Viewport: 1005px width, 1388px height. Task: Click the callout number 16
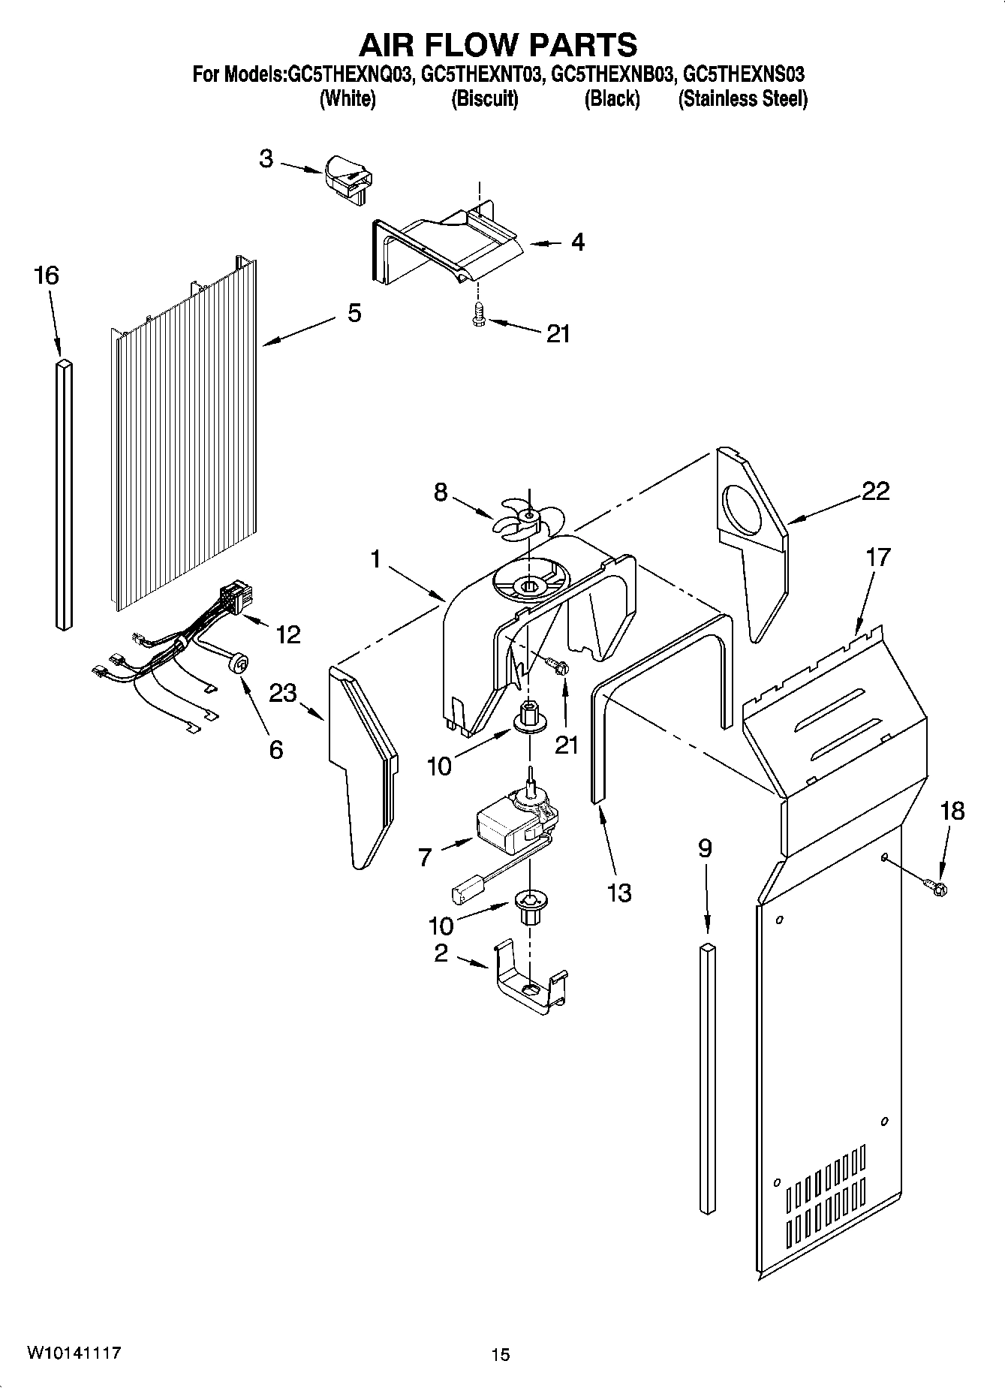47,275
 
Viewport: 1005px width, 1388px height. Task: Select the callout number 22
875,491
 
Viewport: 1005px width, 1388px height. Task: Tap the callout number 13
619,893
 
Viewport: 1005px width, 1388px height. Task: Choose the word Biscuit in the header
484,99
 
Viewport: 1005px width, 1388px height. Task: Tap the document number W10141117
74,1353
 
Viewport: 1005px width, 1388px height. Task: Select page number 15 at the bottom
501,1354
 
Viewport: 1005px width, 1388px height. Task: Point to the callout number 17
877,557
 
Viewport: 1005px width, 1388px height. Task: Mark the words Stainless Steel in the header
742,99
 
